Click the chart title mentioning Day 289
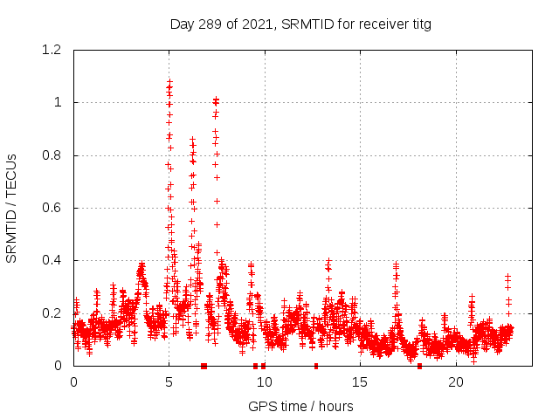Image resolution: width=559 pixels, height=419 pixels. pos(300,24)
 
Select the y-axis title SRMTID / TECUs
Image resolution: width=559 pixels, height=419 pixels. pos(12,208)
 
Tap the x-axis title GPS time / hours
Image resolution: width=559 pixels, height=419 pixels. pos(300,406)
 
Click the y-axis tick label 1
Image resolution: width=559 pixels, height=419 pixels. pos(59,102)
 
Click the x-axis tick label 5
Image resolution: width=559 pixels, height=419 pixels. pos(169,382)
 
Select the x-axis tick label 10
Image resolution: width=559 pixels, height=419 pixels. pos(265,382)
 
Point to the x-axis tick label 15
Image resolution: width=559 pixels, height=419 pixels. pos(361,382)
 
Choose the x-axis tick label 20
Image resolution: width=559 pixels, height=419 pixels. pos(456,382)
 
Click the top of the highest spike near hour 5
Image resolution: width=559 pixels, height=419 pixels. pos(169,81)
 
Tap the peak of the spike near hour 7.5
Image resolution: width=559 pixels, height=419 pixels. pos(216,99)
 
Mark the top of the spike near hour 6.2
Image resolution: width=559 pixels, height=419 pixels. pos(192,139)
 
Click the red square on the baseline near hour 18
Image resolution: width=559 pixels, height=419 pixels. pos(419,366)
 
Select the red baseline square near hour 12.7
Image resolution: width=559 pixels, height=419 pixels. pos(316,366)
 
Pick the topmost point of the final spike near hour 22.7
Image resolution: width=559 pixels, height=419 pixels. pos(507,276)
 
